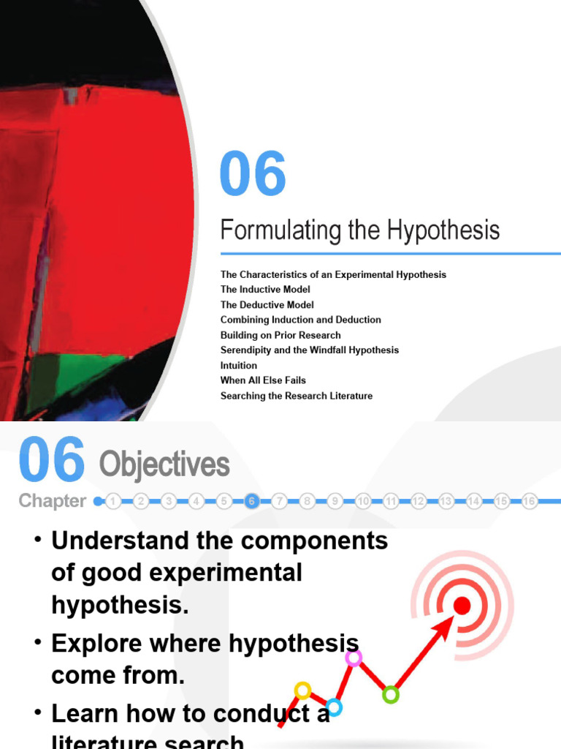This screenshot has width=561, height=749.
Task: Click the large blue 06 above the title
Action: (253, 175)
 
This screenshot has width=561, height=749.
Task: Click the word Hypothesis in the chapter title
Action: (443, 230)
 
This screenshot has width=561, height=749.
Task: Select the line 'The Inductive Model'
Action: (265, 290)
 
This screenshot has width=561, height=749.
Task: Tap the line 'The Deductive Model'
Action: (267, 305)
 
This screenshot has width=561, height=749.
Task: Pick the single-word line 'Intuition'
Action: (239, 365)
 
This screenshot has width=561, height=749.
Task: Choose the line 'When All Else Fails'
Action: (263, 380)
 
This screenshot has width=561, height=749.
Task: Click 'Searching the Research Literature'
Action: (297, 396)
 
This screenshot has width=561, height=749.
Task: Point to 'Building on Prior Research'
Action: (280, 335)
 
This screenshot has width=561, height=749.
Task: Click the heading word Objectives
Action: (164, 464)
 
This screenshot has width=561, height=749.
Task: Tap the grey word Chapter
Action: (53, 501)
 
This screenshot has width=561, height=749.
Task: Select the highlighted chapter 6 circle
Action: (252, 501)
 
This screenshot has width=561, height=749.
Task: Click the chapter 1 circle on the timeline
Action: (113, 501)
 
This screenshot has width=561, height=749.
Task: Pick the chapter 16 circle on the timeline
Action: (530, 501)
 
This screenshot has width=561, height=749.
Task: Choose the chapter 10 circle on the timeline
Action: (363, 501)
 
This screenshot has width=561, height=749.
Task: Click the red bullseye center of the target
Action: (462, 605)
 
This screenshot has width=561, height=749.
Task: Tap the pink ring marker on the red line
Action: (354, 658)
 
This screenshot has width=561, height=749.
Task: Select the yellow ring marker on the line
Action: (302, 690)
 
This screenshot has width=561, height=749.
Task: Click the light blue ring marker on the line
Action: (334, 707)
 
